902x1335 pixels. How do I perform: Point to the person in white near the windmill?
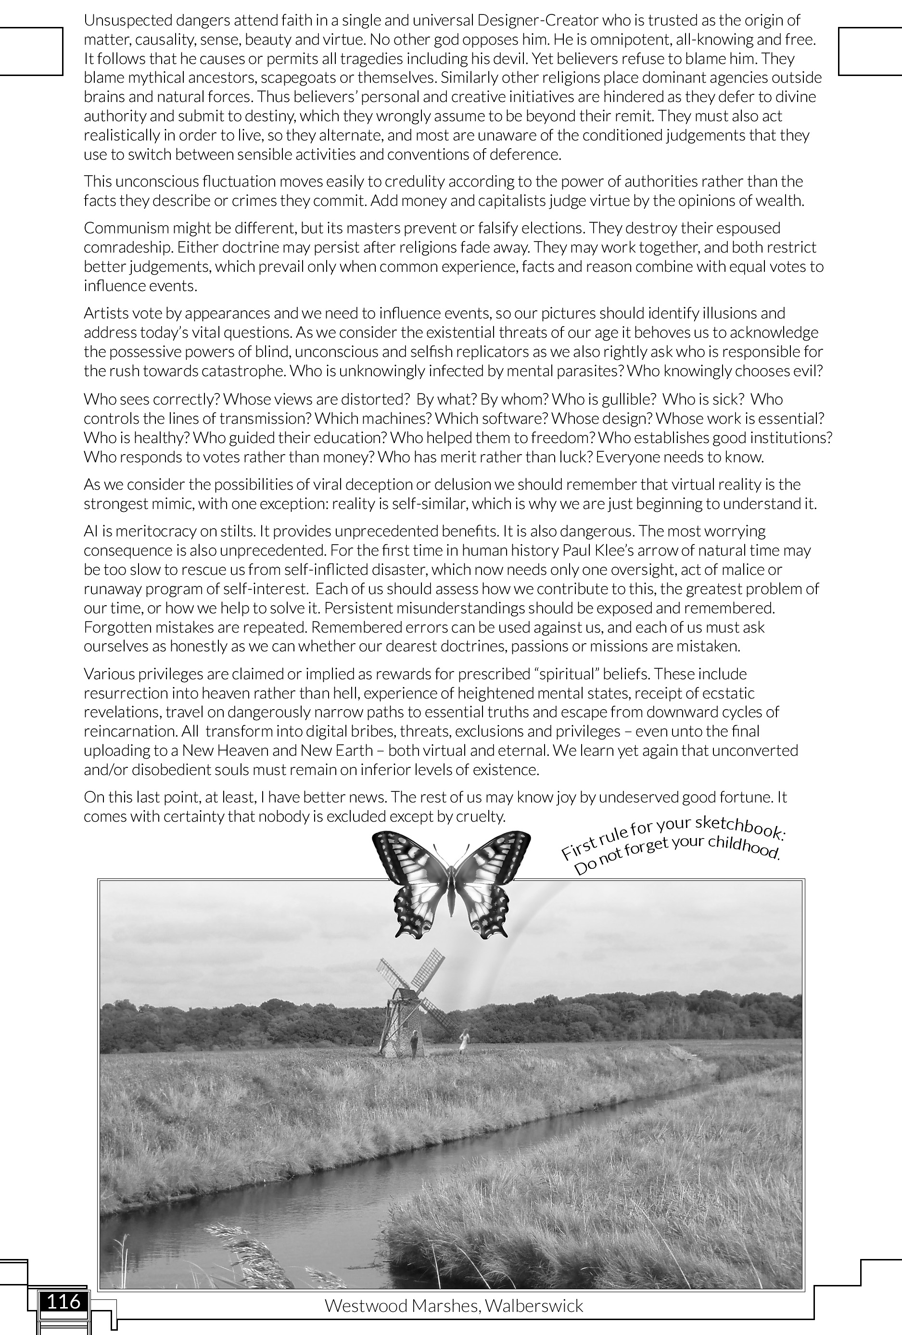coord(463,1042)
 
